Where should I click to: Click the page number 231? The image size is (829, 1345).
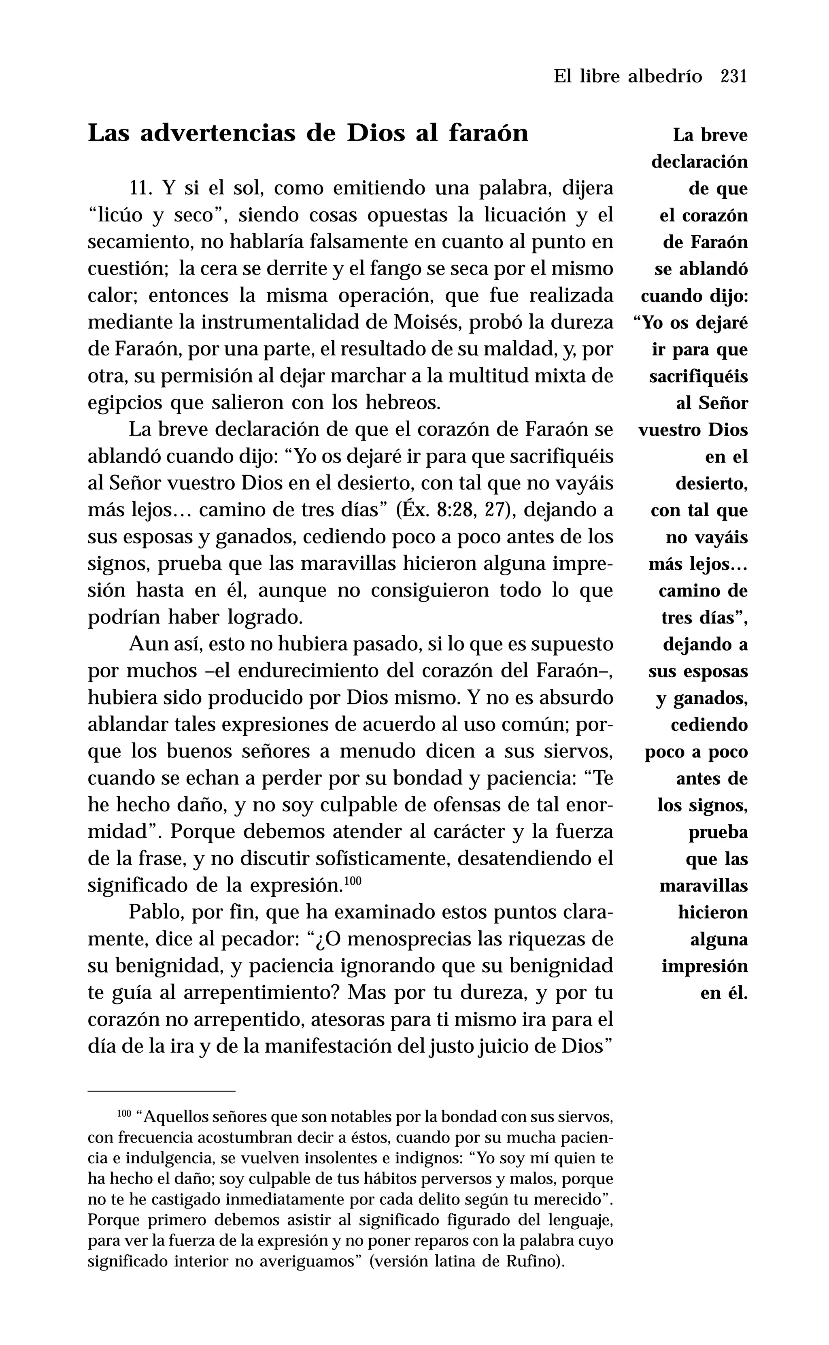tap(733, 76)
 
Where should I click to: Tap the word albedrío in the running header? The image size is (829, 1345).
tap(665, 76)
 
